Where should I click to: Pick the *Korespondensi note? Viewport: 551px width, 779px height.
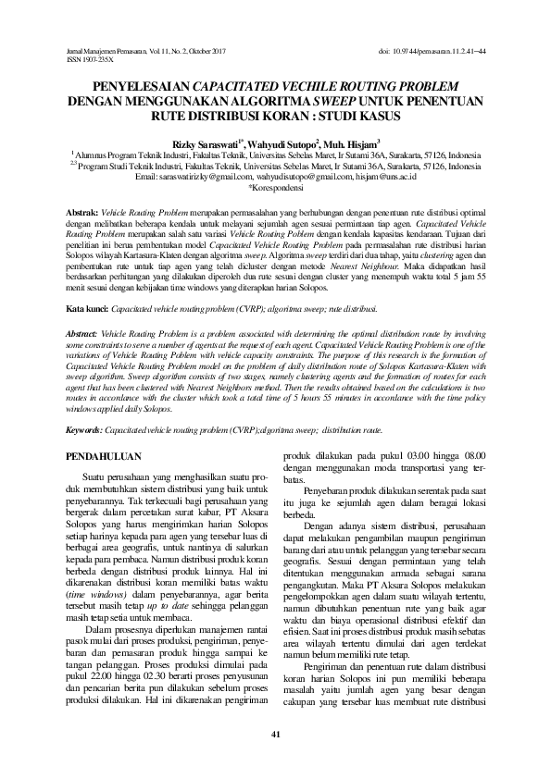point(275,187)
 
